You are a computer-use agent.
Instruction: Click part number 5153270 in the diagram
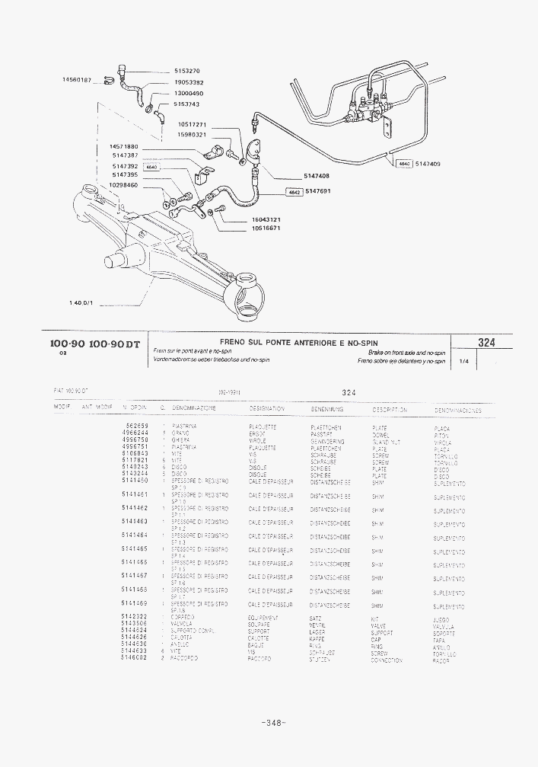coord(186,71)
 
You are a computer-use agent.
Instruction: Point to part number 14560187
coord(76,80)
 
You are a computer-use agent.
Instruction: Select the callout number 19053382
coord(188,82)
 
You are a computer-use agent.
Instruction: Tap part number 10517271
coord(192,124)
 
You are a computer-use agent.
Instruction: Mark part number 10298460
coord(123,185)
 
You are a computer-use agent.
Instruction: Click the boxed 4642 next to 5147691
coord(294,192)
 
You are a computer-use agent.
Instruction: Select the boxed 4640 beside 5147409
coord(403,164)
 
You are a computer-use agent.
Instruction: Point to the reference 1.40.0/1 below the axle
coord(80,302)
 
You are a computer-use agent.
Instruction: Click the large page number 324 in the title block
coord(485,343)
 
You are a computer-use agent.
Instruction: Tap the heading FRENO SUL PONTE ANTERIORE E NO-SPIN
coord(298,343)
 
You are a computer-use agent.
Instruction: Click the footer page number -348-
coord(272,722)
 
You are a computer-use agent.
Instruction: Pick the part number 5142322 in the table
coord(134,617)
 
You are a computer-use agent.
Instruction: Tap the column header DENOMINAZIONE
coord(194,408)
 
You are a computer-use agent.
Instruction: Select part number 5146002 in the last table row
coord(134,658)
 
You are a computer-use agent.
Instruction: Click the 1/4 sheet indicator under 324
coord(463,362)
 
